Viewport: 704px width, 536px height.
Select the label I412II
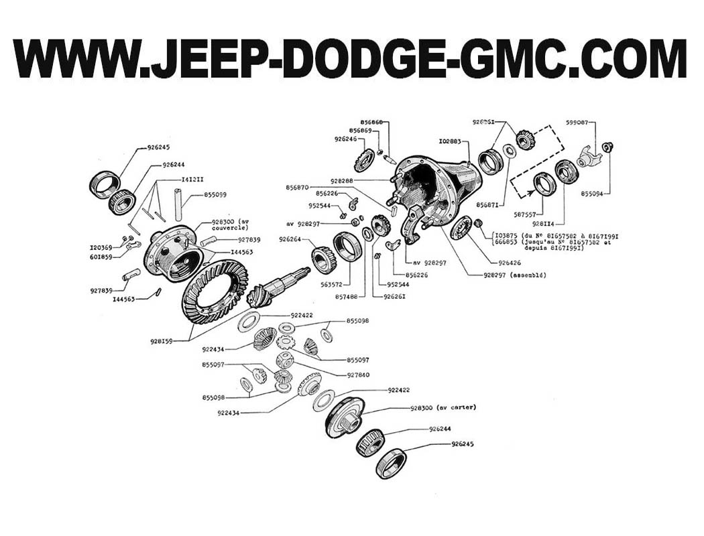pos(194,180)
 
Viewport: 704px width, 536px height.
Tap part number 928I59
pos(162,341)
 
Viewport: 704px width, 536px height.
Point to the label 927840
pos(360,375)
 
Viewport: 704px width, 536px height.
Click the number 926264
pos(291,239)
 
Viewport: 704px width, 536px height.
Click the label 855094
pos(594,194)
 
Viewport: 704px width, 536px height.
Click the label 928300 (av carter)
pos(443,407)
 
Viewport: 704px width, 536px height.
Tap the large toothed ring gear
pos(214,291)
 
